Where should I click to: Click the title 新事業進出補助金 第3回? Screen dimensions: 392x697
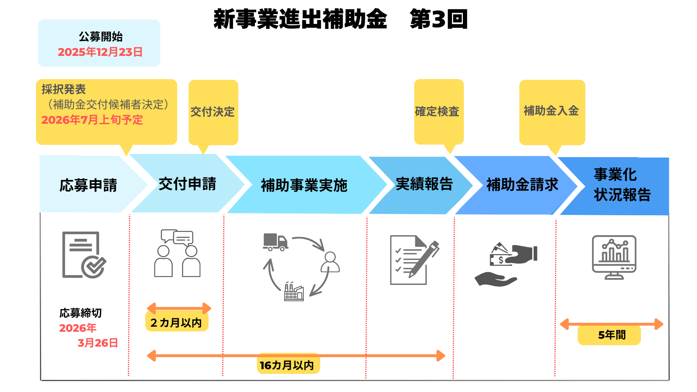[340, 19]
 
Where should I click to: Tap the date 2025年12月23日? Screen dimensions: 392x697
[100, 52]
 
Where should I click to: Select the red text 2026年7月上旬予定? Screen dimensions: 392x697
[92, 120]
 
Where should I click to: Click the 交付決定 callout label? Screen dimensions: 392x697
[213, 112]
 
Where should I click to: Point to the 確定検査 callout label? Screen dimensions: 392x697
[437, 111]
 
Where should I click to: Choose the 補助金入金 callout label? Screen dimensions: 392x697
[551, 111]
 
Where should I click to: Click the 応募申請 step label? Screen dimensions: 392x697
[88, 185]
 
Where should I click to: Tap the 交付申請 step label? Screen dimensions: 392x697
[187, 184]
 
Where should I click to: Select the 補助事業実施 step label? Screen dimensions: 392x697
[304, 185]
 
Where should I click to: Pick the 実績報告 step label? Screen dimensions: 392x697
[424, 184]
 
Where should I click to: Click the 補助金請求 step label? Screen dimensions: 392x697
[522, 185]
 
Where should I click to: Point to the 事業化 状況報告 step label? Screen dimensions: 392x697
[622, 185]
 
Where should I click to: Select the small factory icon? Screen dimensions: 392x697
[294, 292]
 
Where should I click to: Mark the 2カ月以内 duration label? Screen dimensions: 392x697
[176, 323]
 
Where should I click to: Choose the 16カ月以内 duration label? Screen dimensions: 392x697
[287, 365]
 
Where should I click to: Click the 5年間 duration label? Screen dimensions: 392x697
[612, 335]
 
